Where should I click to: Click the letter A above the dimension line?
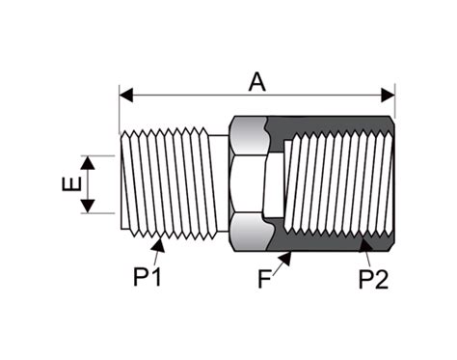pyautogui.click(x=256, y=81)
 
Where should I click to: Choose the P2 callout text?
pyautogui.click(x=373, y=280)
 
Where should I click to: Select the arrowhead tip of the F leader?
pyautogui.click(x=288, y=255)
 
